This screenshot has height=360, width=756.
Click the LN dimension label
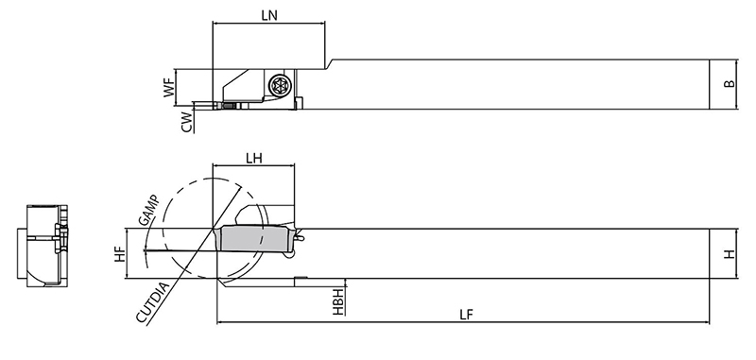(269, 15)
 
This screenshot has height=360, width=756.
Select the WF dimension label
(168, 89)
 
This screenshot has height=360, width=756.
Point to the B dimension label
(730, 83)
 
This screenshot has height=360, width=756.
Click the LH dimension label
(253, 158)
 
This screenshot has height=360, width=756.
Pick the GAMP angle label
(148, 210)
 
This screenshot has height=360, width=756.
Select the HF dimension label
(119, 254)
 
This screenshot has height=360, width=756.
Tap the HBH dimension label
(338, 301)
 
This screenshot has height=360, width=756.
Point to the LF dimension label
(466, 315)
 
